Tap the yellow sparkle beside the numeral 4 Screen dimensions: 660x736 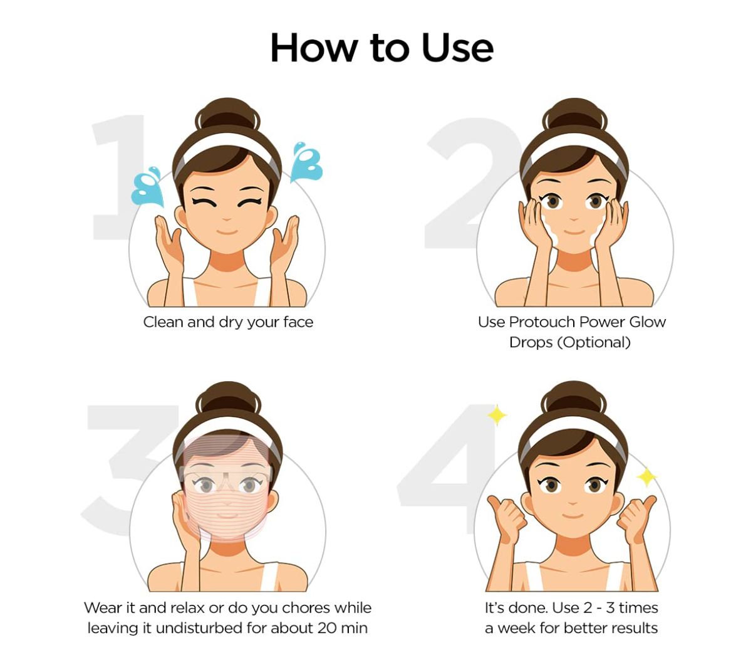coord(497,415)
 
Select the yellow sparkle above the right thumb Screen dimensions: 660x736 coord(646,478)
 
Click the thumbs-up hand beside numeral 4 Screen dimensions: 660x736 coord(506,517)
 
